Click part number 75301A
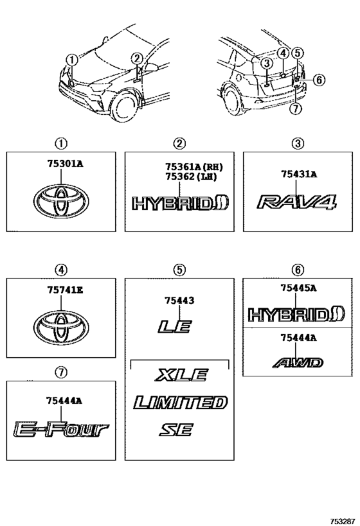pyautogui.click(x=65, y=164)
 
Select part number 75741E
pyautogui.click(x=65, y=290)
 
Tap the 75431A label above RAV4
pyautogui.click(x=299, y=174)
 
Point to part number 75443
pyautogui.click(x=179, y=300)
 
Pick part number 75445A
pyautogui.click(x=298, y=288)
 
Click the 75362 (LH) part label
pyautogui.click(x=191, y=177)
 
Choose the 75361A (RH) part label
pyautogui.click(x=194, y=166)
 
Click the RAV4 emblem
pyautogui.click(x=297, y=202)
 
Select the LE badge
pyautogui.click(x=175, y=326)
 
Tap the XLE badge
pyautogui.click(x=182, y=374)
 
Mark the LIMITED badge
pyautogui.click(x=181, y=402)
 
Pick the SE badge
pyautogui.click(x=176, y=430)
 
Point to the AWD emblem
pyautogui.click(x=298, y=363)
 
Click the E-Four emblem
pyautogui.click(x=62, y=430)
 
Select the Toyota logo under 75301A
pyautogui.click(x=61, y=201)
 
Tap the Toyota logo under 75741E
pyautogui.click(x=61, y=328)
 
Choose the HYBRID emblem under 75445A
pyautogui.click(x=296, y=314)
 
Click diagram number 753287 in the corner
pyautogui.click(x=343, y=522)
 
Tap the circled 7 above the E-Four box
pyautogui.click(x=61, y=372)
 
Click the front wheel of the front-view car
pyautogui.click(x=125, y=106)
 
